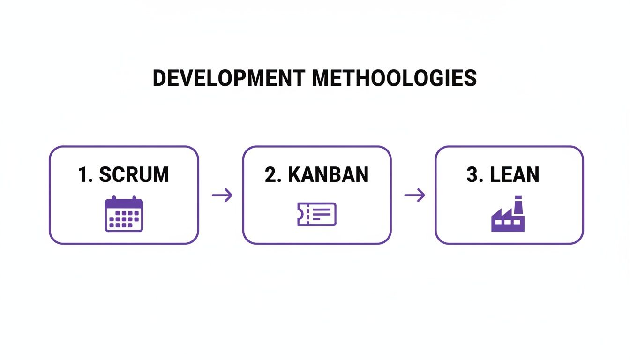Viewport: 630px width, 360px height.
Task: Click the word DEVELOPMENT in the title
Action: [x=229, y=78]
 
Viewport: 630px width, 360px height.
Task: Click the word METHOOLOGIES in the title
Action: [x=395, y=78]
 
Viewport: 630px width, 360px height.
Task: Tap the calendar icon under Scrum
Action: [x=124, y=214]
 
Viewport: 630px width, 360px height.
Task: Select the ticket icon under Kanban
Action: [x=317, y=214]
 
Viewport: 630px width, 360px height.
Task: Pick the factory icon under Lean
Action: [x=508, y=216]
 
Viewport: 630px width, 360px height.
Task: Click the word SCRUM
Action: [x=134, y=175]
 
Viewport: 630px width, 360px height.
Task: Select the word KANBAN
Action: [x=328, y=175]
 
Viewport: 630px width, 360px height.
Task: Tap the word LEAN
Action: [x=515, y=175]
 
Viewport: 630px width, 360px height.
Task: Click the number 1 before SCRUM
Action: [x=83, y=175]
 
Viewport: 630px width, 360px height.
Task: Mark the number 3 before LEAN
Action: [x=472, y=175]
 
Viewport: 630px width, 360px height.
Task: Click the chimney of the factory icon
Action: [x=518, y=205]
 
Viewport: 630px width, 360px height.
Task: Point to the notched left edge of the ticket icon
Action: [x=299, y=214]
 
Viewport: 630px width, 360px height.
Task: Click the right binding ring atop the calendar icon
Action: [x=134, y=199]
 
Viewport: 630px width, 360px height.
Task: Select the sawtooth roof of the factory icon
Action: [x=501, y=214]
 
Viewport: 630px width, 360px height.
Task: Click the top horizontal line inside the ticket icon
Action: [x=322, y=209]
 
